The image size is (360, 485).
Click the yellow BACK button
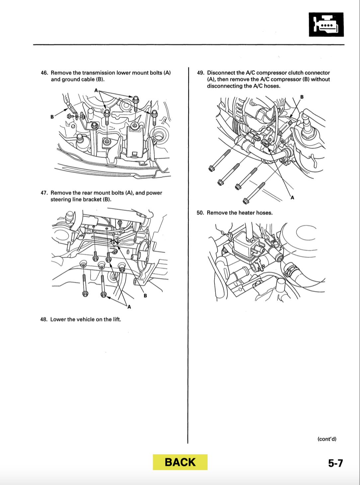point(180,462)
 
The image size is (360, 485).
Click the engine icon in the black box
point(326,25)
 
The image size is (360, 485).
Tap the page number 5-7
point(335,463)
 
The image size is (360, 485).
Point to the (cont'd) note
point(327,439)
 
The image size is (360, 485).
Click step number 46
point(44,73)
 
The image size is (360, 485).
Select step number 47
point(44,193)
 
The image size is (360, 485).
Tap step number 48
point(44,320)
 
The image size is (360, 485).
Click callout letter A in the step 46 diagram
point(96,90)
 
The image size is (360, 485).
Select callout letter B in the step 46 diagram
point(52,117)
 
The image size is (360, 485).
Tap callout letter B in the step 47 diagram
point(145,296)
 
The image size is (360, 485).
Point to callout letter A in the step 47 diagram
point(129,307)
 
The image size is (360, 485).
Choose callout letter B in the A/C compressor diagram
point(302,97)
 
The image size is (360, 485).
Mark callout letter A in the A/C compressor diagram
point(292,198)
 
